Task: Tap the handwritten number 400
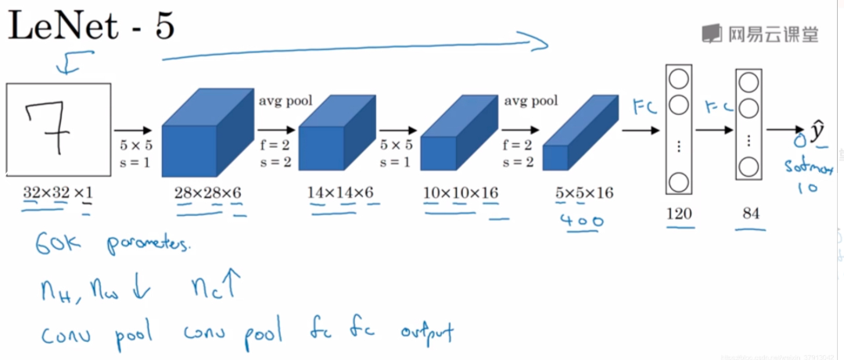(x=581, y=221)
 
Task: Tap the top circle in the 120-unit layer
(x=678, y=79)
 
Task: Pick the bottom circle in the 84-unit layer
(x=749, y=166)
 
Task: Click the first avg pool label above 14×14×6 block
(x=286, y=100)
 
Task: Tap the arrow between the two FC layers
(x=713, y=131)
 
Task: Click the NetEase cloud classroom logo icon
(x=712, y=33)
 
